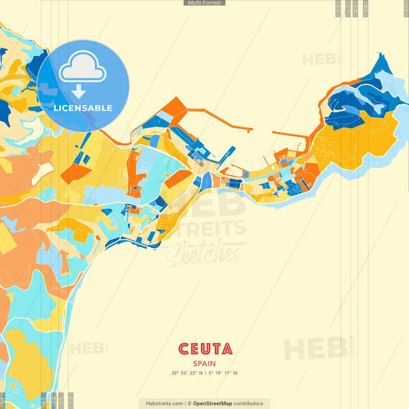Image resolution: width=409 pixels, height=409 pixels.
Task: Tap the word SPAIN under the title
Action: click(x=204, y=363)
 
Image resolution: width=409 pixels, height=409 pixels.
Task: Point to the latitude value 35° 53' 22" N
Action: click(x=187, y=374)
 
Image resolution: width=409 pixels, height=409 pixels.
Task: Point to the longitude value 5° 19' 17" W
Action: click(x=223, y=374)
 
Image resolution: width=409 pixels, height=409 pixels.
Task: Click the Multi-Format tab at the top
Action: click(x=204, y=3)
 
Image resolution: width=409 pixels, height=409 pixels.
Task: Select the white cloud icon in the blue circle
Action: click(x=82, y=70)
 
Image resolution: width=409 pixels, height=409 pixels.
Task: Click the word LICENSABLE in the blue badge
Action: click(x=82, y=108)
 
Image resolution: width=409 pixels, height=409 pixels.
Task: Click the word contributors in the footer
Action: click(x=249, y=403)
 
